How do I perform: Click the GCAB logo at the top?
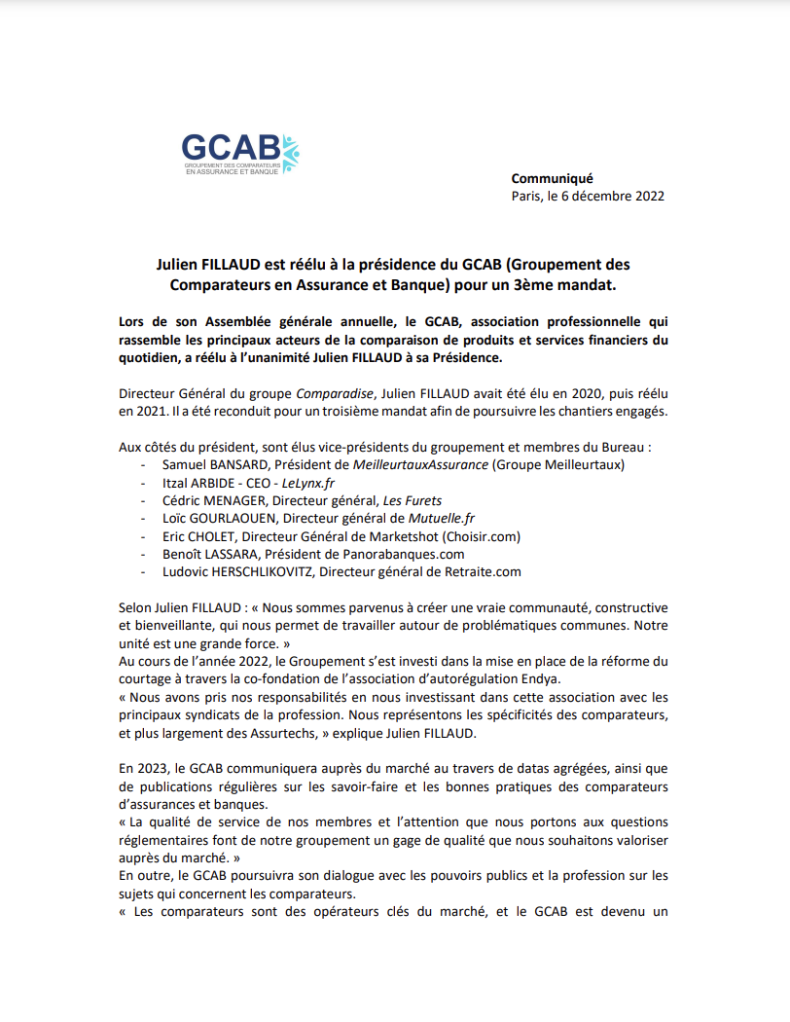point(240,154)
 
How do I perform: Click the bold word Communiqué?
point(552,177)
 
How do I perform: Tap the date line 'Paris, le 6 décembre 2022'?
point(588,195)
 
